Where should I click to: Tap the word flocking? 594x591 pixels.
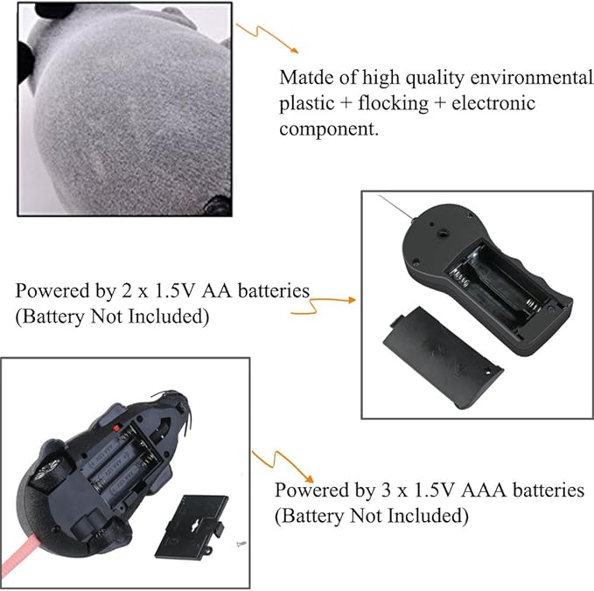[393, 104]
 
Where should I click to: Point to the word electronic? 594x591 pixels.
[493, 103]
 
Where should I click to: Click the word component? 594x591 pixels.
[328, 129]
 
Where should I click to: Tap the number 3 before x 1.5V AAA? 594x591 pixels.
[384, 490]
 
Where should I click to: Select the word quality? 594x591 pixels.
[435, 78]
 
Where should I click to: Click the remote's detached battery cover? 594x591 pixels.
[444, 358]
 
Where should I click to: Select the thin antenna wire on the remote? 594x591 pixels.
[396, 207]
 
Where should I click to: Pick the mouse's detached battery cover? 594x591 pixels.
[193, 527]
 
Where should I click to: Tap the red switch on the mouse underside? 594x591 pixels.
[116, 428]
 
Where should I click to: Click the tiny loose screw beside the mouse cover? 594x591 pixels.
[241, 544]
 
